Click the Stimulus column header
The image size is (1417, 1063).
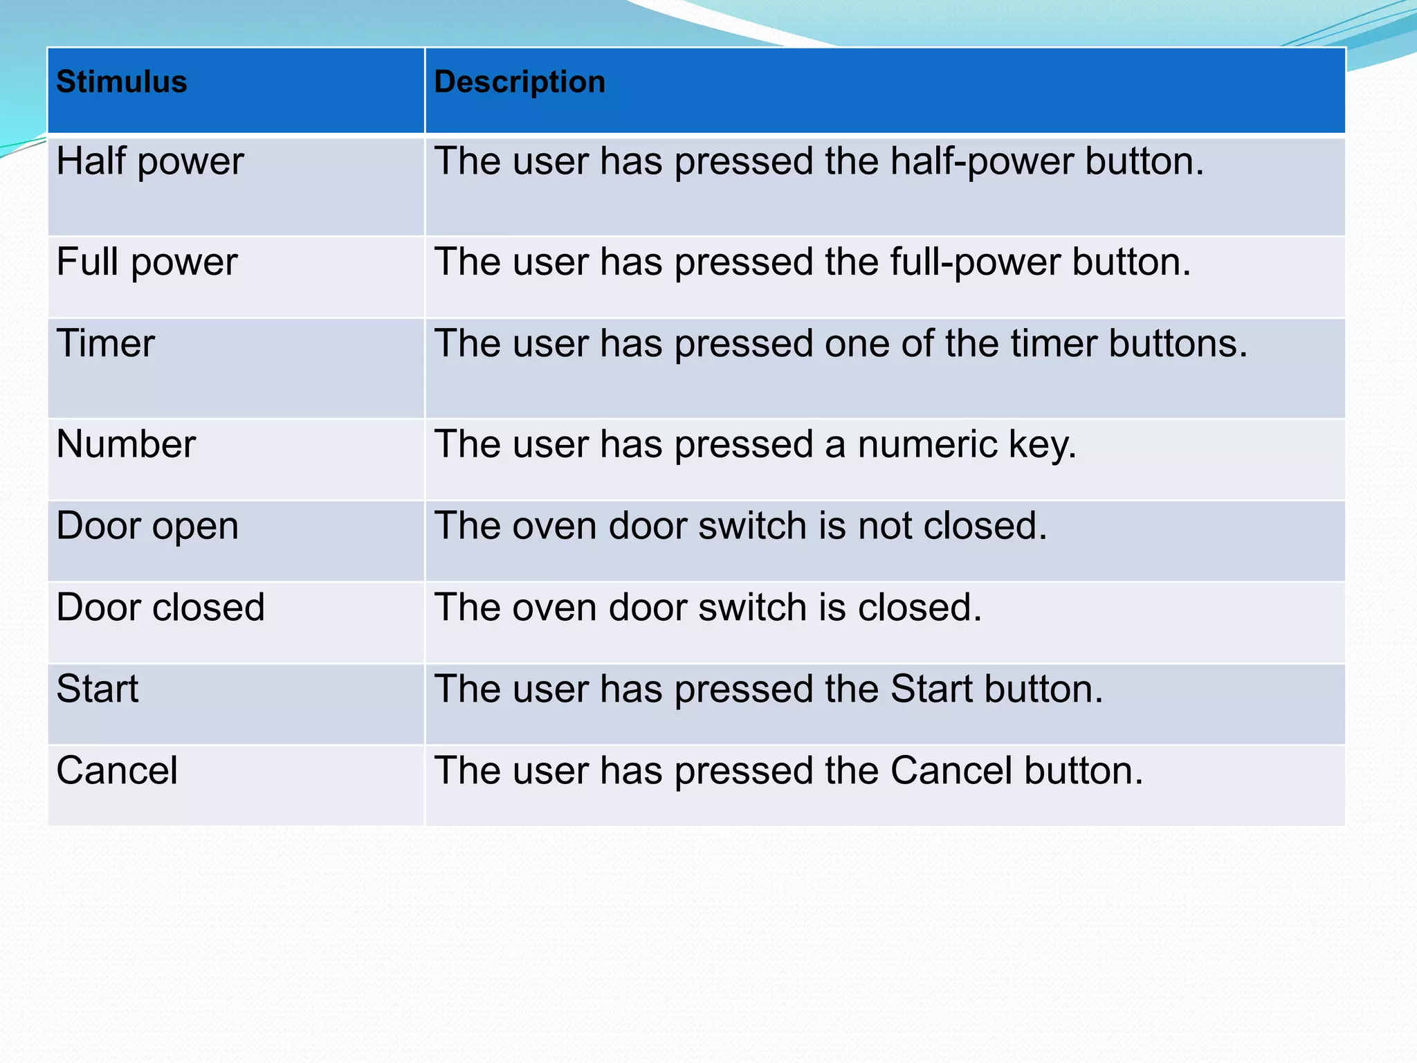(122, 82)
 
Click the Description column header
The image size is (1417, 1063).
(520, 82)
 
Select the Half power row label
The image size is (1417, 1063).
(150, 161)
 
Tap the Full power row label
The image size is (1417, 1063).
(147, 262)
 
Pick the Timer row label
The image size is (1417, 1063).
(106, 344)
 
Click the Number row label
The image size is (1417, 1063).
(126, 444)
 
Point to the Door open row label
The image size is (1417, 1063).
(147, 526)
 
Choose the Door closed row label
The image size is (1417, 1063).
(161, 608)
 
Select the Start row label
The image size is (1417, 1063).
(98, 689)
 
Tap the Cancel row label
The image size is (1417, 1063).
(117, 771)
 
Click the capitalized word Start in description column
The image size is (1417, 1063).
(931, 689)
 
